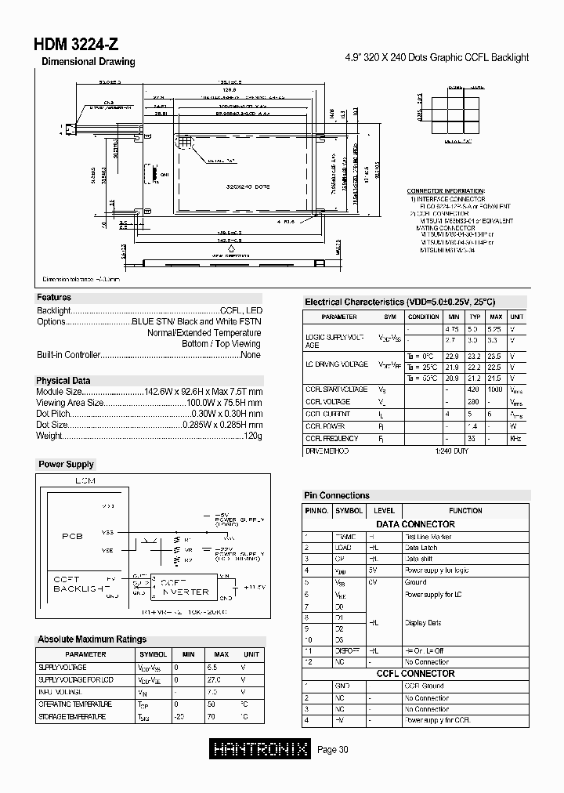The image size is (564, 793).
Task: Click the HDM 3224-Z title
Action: click(x=77, y=45)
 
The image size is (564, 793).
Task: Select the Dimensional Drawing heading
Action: click(x=88, y=62)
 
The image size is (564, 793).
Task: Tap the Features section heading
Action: click(x=54, y=298)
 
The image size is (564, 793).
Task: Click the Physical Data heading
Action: click(x=63, y=381)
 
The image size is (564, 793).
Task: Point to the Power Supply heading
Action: click(x=67, y=465)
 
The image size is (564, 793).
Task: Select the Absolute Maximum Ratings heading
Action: click(x=92, y=639)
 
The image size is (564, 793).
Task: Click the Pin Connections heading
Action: click(x=336, y=495)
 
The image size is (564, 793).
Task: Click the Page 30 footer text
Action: click(x=333, y=750)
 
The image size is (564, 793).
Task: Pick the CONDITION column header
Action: click(x=424, y=317)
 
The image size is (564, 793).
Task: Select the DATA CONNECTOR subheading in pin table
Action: click(x=415, y=524)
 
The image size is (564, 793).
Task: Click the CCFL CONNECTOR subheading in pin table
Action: click(x=415, y=673)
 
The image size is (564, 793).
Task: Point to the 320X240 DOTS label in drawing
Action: click(x=248, y=187)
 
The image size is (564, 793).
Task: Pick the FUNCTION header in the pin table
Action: click(x=465, y=510)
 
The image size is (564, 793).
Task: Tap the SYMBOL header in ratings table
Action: click(x=153, y=654)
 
